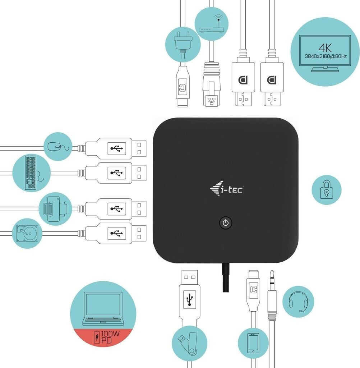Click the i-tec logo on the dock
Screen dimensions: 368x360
coord(226,188)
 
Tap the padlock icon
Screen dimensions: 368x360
coord(326,189)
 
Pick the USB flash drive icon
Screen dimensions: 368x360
coord(189,342)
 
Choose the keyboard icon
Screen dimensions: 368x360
coord(32,173)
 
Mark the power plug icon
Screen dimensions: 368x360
coord(182,43)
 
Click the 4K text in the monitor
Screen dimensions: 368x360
coord(326,47)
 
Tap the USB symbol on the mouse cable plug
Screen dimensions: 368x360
coord(117,147)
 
